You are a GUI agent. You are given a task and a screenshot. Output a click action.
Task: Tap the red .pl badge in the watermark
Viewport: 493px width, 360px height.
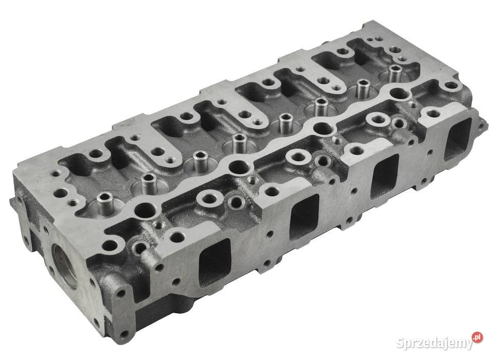click(478, 337)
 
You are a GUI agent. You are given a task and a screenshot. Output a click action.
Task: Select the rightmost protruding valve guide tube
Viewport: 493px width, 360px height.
click(394, 71)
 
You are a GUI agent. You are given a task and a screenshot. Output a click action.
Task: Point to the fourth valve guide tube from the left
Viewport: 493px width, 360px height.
click(238, 142)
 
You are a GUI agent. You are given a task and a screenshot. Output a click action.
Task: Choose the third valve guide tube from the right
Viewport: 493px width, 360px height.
click(321, 106)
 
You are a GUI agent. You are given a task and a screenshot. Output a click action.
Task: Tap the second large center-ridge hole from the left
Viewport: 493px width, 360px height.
click(238, 166)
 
